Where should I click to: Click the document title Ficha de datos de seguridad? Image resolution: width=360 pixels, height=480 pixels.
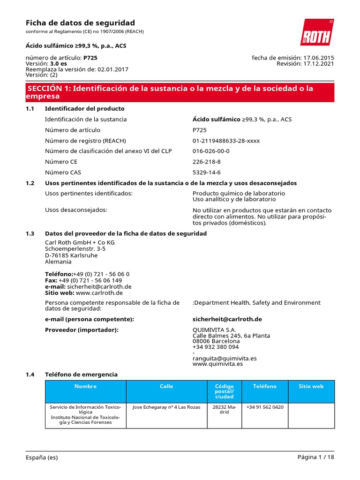click(80, 23)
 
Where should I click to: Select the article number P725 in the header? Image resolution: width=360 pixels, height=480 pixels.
click(90, 58)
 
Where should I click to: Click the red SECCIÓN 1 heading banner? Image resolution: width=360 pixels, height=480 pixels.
click(180, 92)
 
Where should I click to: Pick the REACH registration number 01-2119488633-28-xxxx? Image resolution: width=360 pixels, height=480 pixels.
click(226, 141)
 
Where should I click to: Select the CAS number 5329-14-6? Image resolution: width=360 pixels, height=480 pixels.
click(206, 172)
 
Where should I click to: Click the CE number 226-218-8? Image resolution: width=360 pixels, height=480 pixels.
click(206, 162)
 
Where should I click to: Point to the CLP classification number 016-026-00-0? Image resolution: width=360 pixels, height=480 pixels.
click(211, 151)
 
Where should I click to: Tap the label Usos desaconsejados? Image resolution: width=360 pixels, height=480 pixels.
click(76, 210)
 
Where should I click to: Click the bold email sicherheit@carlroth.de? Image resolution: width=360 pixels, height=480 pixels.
click(227, 319)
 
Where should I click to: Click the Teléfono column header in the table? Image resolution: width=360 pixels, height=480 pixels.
click(265, 386)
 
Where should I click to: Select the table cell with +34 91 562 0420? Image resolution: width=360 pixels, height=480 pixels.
click(265, 407)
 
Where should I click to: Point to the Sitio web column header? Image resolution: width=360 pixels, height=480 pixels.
click(311, 386)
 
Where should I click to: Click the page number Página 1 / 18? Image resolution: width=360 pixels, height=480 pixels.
click(315, 457)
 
